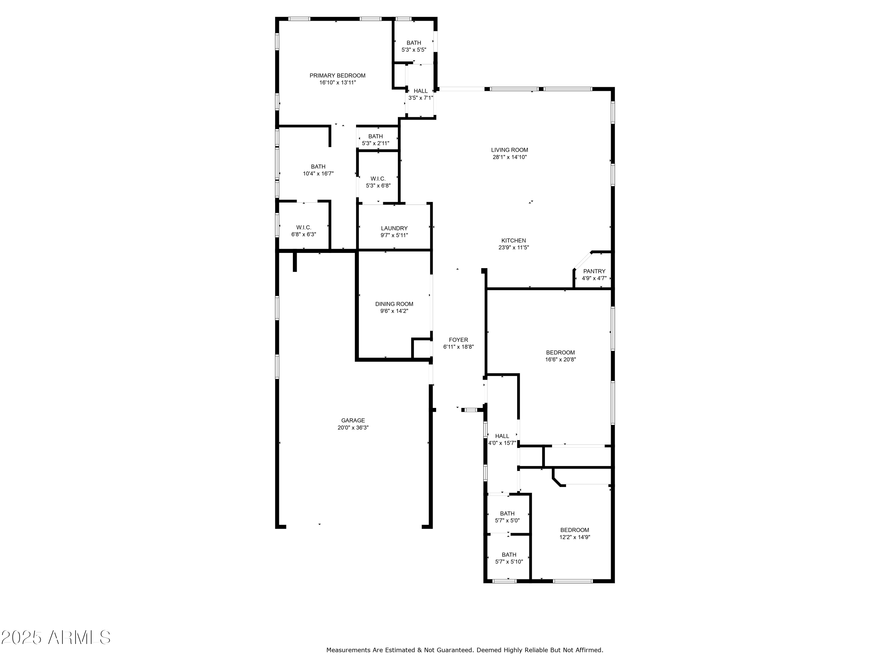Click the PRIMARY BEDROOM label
(337, 76)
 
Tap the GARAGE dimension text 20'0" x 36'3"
(353, 428)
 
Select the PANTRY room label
(594, 271)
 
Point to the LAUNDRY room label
(394, 228)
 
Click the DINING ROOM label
(394, 304)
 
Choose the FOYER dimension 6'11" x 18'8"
(458, 347)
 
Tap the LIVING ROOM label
(509, 150)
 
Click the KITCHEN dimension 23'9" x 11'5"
(514, 248)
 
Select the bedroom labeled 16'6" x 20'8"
(560, 356)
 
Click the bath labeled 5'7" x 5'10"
(508, 558)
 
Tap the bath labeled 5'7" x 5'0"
(507, 517)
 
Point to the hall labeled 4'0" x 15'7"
(502, 440)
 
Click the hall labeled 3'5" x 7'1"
(420, 94)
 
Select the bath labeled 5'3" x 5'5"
(414, 46)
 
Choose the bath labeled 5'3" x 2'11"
(375, 140)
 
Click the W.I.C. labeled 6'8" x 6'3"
(303, 231)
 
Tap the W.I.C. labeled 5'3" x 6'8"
(378, 182)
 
